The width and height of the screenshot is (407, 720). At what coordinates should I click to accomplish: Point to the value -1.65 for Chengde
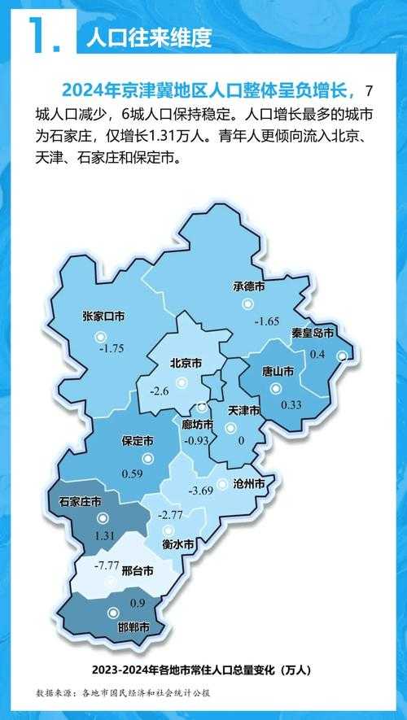pos(266,321)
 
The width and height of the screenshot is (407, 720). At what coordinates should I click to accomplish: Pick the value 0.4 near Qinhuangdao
pos(317,355)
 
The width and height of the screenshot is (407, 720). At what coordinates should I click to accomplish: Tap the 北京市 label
pos(186,364)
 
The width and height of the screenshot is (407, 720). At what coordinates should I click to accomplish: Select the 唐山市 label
pos(278,371)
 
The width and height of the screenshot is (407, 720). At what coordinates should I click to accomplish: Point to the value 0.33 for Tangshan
pos(291,404)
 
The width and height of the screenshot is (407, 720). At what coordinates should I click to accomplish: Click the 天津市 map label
pos(243,409)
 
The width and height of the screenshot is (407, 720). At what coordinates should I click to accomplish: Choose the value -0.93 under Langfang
pos(197,441)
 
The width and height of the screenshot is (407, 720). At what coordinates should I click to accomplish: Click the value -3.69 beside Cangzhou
pos(200,491)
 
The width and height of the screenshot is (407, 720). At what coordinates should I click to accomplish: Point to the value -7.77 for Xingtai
pos(107,565)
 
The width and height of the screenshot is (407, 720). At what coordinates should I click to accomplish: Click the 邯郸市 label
pos(133,628)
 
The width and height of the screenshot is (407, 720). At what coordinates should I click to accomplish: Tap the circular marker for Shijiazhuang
pos(102,518)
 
